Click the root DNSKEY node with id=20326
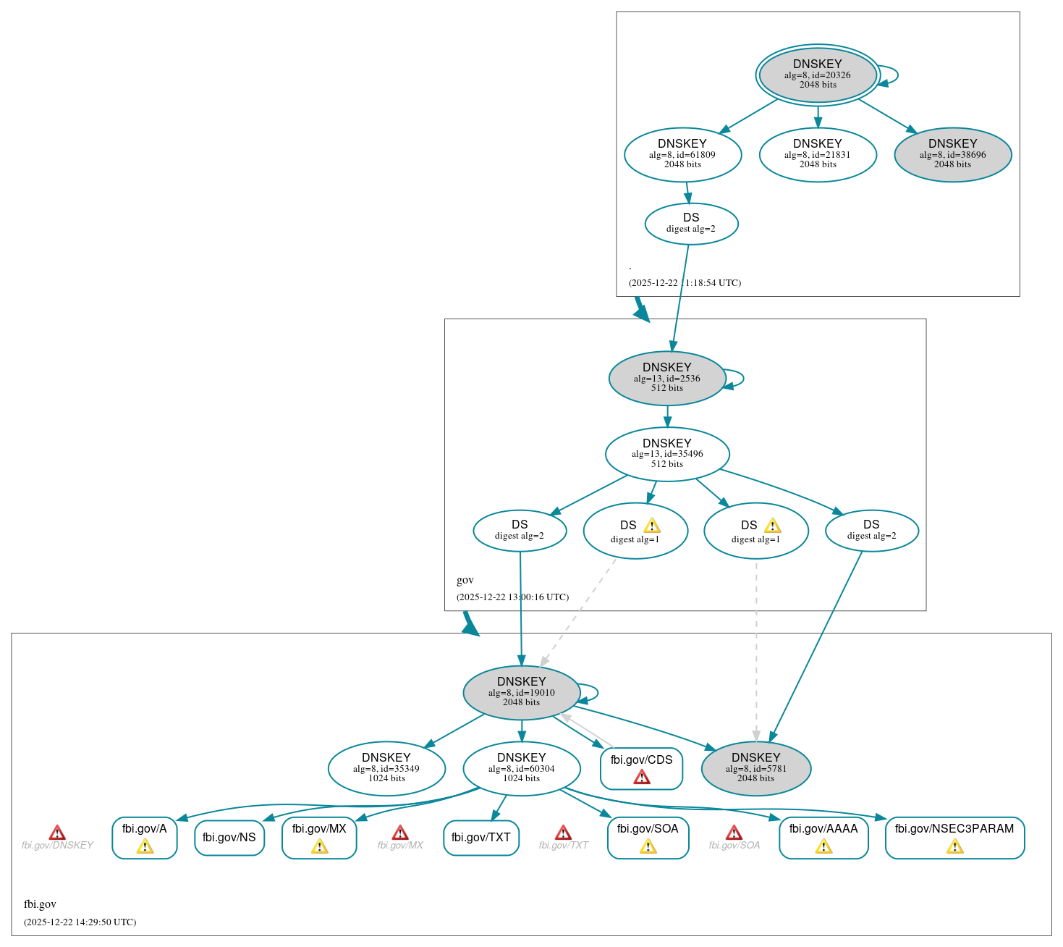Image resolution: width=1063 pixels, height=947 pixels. coord(817,75)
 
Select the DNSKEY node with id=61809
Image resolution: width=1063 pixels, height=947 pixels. coord(682,154)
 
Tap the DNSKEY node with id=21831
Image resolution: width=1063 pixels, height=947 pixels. coord(818,154)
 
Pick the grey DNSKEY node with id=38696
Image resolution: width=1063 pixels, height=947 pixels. coord(952,154)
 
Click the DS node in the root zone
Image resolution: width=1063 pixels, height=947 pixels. coord(691,224)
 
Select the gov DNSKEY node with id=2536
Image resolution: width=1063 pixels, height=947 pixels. coord(666,378)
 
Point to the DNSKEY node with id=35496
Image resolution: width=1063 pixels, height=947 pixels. coord(666,454)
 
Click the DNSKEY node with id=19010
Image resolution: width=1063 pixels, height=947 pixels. coord(521,692)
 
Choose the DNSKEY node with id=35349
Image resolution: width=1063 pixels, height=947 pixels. coord(386,768)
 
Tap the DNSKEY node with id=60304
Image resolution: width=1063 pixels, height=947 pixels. coord(521,768)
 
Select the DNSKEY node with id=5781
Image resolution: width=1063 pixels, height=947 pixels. coord(755,768)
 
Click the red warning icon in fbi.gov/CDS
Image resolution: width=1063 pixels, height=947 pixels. coord(641,778)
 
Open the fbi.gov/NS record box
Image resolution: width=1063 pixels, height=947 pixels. coord(229,838)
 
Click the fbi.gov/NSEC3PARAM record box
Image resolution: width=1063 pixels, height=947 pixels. coord(954,838)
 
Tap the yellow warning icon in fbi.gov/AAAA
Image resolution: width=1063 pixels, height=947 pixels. coord(823,846)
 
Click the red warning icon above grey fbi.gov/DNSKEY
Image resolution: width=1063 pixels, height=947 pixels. coord(57,833)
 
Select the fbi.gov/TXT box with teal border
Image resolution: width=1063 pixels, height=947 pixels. coord(480,838)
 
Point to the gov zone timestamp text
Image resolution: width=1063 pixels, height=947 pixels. coord(512,597)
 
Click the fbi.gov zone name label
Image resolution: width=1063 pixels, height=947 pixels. coord(40,904)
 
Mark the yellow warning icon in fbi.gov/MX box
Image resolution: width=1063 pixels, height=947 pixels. coord(319,846)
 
